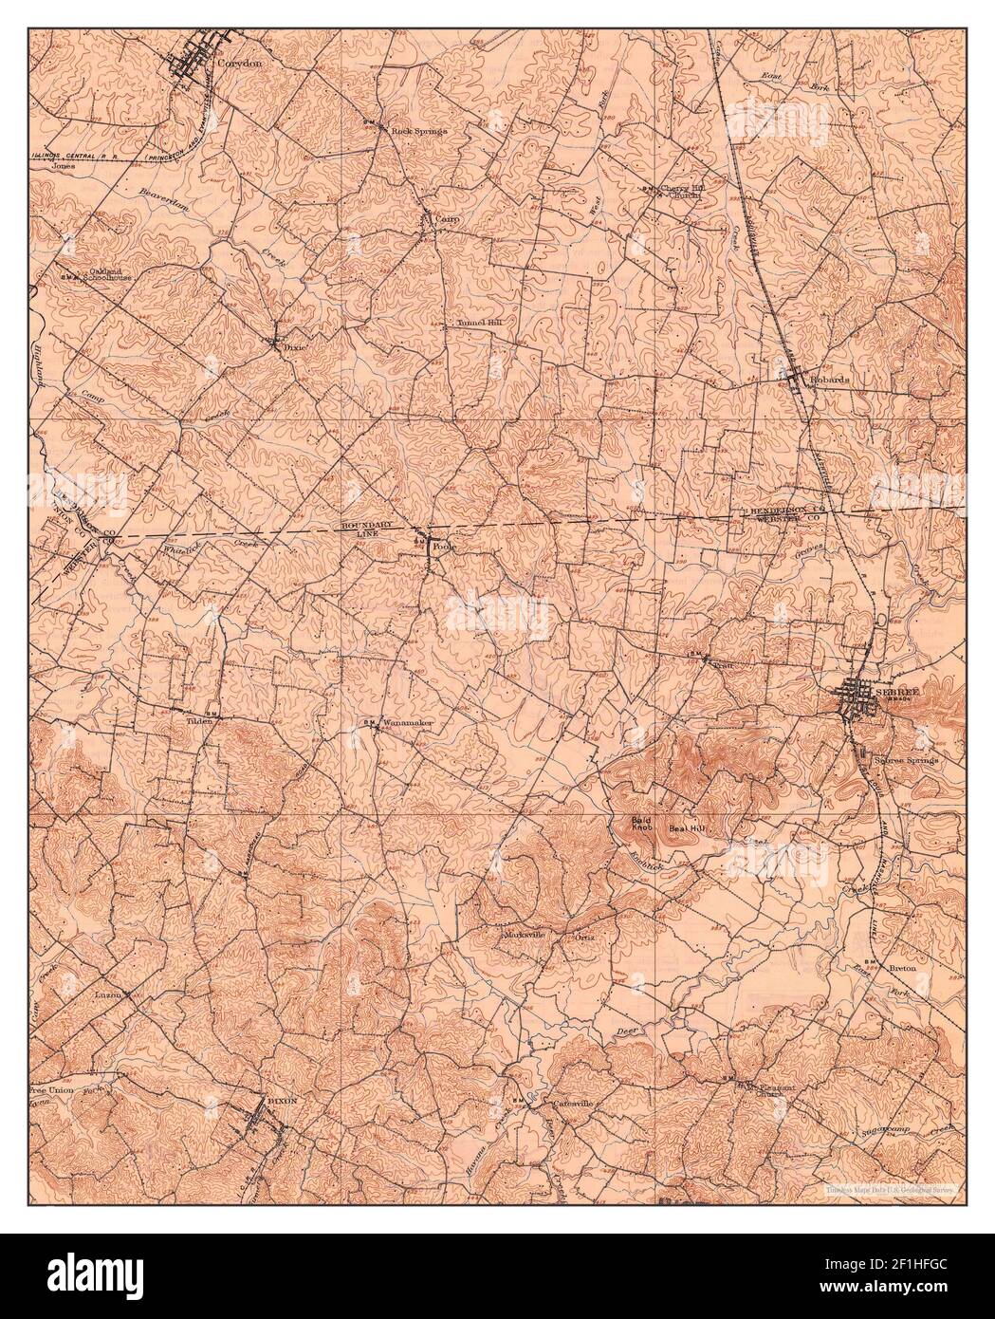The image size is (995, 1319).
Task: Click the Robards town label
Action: coord(831,378)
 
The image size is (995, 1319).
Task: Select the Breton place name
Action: coord(906,969)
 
